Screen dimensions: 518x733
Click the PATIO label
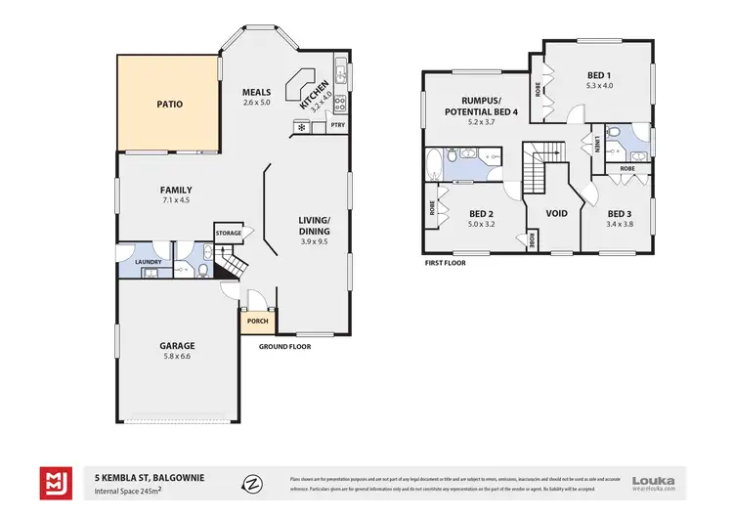tap(169, 104)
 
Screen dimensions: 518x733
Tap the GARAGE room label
tap(177, 345)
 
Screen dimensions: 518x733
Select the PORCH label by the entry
tap(258, 322)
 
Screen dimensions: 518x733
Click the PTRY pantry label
tap(337, 126)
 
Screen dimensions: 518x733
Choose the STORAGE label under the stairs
tap(228, 233)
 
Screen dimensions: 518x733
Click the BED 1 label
tap(599, 76)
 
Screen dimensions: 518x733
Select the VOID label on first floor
tap(556, 213)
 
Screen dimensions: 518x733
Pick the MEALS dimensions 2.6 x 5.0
tap(256, 103)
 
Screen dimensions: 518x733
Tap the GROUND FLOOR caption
tap(284, 346)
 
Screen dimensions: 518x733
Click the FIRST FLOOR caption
tap(445, 263)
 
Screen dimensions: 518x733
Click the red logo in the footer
tap(55, 483)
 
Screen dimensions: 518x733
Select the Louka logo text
tap(654, 480)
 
